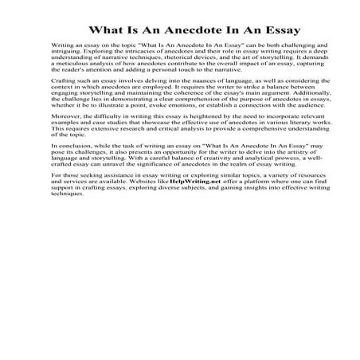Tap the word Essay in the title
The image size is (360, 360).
280,30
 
